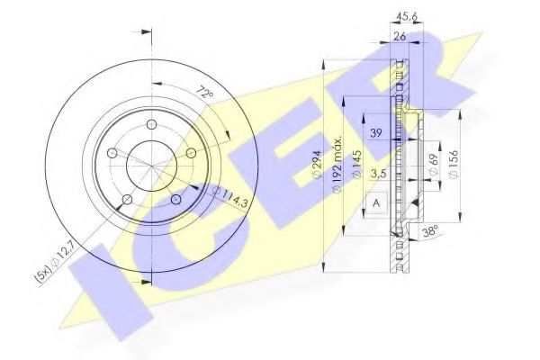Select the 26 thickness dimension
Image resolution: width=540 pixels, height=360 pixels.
click(x=401, y=38)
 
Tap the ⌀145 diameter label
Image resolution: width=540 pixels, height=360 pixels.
click(x=357, y=167)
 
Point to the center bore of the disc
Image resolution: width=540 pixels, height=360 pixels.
click(x=148, y=166)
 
